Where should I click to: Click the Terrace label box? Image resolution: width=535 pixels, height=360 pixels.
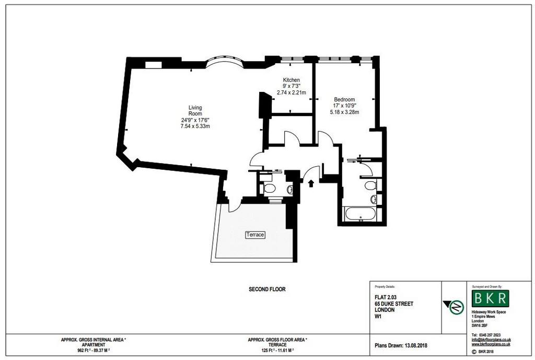pyautogui.click(x=255, y=235)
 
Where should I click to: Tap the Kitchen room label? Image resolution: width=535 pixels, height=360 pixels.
pyautogui.click(x=292, y=80)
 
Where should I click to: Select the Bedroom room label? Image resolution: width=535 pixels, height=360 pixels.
pyautogui.click(x=344, y=100)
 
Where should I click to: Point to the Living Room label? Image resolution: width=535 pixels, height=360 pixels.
pyautogui.click(x=195, y=111)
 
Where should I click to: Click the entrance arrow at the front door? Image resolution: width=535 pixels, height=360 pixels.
pyautogui.click(x=311, y=183)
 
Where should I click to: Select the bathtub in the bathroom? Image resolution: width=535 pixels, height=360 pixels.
pyautogui.click(x=360, y=214)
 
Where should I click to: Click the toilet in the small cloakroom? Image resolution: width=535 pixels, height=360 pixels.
pyautogui.click(x=270, y=189)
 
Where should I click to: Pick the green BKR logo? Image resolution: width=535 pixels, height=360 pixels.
pyautogui.click(x=490, y=298)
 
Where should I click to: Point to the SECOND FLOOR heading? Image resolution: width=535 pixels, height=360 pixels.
pyautogui.click(x=267, y=289)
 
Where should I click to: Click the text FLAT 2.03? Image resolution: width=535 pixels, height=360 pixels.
pyautogui.click(x=386, y=297)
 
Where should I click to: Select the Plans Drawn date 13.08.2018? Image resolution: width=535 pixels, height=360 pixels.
pyautogui.click(x=416, y=345)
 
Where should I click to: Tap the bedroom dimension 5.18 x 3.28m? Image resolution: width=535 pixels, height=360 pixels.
pyautogui.click(x=344, y=112)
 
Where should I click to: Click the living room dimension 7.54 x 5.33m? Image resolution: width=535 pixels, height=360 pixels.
pyautogui.click(x=195, y=126)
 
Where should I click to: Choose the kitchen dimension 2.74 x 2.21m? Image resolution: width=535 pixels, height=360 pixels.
pyautogui.click(x=292, y=92)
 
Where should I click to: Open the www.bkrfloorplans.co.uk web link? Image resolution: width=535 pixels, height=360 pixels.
pyautogui.click(x=491, y=344)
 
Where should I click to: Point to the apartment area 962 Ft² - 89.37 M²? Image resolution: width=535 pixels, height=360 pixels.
pyautogui.click(x=94, y=350)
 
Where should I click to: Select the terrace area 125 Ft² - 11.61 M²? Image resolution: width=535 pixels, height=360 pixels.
pyautogui.click(x=277, y=350)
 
